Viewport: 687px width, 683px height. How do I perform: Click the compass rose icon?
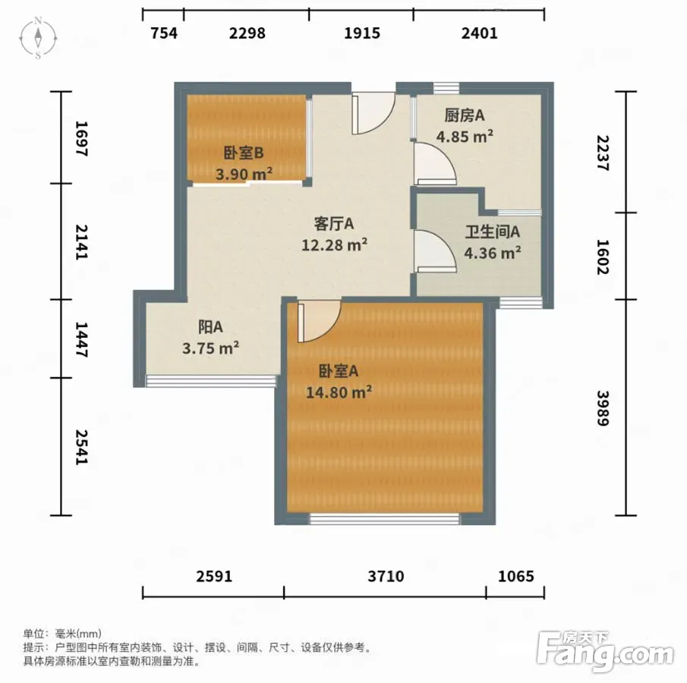[x=38, y=38]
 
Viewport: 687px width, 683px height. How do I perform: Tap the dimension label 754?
[x=164, y=33]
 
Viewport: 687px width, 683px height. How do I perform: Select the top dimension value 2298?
[x=247, y=33]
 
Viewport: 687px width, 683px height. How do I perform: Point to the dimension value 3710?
[x=386, y=576]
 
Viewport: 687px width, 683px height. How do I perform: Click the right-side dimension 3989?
[x=603, y=408]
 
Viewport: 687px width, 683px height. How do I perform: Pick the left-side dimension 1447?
[x=82, y=339]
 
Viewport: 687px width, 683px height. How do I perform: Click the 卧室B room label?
[x=244, y=153]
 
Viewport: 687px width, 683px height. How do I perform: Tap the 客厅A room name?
[x=334, y=224]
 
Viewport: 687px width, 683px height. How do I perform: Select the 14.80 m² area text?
[x=339, y=392]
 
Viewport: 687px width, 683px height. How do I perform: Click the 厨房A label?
[x=465, y=115]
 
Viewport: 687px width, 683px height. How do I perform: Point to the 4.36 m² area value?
[x=493, y=253]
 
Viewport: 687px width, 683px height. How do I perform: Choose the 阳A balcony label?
[x=211, y=327]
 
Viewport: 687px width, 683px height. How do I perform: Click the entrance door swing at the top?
[x=373, y=112]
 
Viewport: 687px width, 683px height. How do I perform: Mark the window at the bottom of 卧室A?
[x=385, y=519]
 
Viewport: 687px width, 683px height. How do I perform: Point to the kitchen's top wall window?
[x=446, y=87]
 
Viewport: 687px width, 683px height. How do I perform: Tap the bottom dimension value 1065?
[x=515, y=576]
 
